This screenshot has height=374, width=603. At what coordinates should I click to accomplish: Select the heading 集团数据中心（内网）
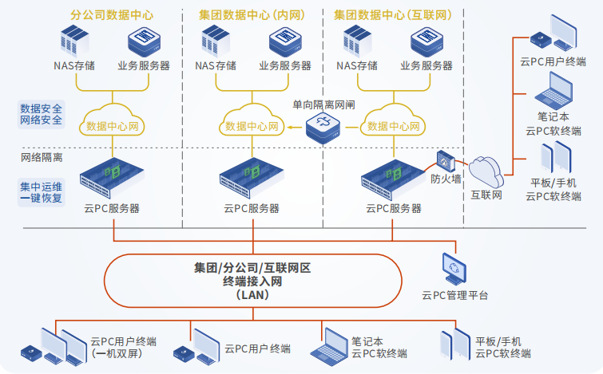click(252, 14)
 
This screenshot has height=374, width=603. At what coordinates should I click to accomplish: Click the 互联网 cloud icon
click(486, 170)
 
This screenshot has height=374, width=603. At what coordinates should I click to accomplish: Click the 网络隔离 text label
click(42, 157)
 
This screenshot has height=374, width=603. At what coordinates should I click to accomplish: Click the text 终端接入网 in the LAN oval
click(252, 281)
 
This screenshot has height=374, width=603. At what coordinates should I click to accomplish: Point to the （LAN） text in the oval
click(252, 294)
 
